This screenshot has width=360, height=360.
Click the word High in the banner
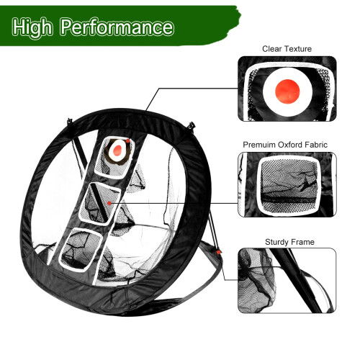32,28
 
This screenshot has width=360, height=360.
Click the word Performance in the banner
117,27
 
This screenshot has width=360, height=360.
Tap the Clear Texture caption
287,49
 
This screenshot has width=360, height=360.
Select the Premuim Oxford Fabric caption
285,145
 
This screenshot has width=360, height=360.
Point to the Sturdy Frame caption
289,242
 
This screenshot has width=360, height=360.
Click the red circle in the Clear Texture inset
287,91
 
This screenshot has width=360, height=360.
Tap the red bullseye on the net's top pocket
117,150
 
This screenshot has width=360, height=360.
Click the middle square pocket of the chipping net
100,204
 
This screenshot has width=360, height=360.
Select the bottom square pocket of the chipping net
81,250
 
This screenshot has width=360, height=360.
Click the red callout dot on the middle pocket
109,203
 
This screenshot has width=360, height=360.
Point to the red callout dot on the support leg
218,252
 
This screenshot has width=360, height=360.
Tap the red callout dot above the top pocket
128,140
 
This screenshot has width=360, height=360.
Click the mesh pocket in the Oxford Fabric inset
289,185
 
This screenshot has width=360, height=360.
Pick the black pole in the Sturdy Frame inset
296,280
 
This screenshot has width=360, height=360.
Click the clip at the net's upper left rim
70,120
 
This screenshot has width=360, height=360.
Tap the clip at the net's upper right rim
192,125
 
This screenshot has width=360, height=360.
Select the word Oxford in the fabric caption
290,145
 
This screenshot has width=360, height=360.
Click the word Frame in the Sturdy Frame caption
302,242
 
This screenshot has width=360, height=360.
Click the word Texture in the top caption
297,49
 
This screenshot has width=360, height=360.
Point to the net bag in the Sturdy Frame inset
256,281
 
